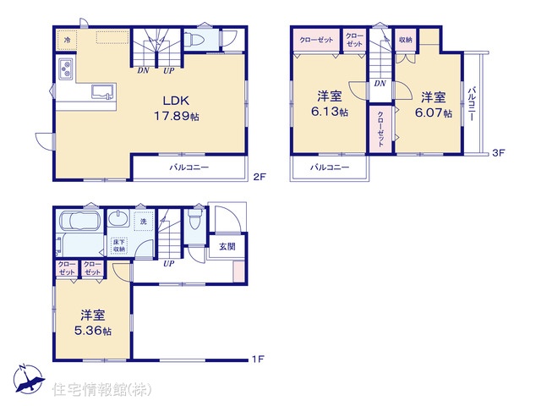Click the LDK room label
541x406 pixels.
point(176,101)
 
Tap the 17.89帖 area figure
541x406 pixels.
point(177,116)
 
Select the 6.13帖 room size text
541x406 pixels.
point(330,112)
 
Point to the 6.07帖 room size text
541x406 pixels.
point(434,112)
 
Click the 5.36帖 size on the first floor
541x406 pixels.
point(93,331)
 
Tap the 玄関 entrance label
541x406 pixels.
point(227,246)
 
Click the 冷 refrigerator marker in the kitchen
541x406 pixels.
point(67,40)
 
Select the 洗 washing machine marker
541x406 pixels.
point(144,222)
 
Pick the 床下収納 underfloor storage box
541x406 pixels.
point(119,245)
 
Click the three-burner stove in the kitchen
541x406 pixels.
point(66,69)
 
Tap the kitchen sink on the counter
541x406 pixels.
point(102,92)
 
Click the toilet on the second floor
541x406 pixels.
point(192,40)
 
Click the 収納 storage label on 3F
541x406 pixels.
point(406,40)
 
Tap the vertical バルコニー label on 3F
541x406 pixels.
point(472,103)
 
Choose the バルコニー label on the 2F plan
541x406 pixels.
point(189,167)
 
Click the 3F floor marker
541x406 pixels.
point(498,152)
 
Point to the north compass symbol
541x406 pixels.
point(28,379)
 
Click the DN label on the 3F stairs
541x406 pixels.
point(380,83)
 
